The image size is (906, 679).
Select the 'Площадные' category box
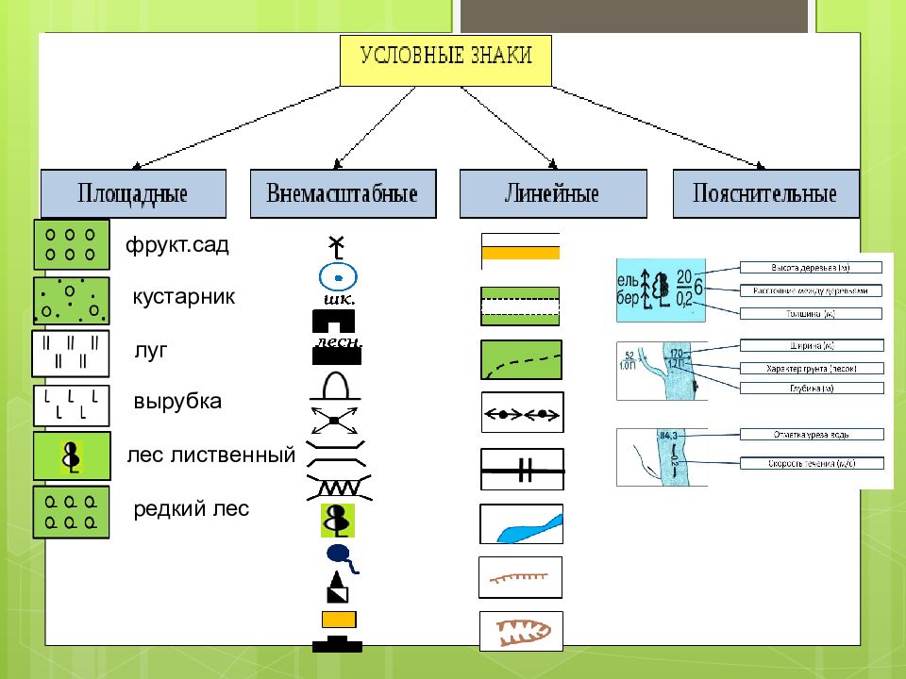[x=133, y=194]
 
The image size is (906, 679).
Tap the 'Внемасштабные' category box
[x=343, y=194]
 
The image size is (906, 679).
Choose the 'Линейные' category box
[x=553, y=194]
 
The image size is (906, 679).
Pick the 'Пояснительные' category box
[x=765, y=194]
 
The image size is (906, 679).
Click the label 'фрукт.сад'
[x=177, y=246]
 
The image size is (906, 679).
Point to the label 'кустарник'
[x=184, y=297]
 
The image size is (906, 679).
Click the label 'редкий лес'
[x=192, y=509]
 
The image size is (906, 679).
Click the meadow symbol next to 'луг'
[x=71, y=349]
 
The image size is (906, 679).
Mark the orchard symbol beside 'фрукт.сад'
[x=71, y=244]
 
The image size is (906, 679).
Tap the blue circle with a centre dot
[x=337, y=276]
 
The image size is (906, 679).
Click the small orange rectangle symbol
[x=338, y=619]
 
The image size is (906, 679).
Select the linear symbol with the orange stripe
[x=520, y=252]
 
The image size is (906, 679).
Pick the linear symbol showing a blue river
[x=521, y=524]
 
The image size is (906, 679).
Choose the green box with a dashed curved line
[x=521, y=360]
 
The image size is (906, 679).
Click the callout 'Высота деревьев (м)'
[x=811, y=267]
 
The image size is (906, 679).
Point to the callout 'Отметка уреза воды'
[x=811, y=434]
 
